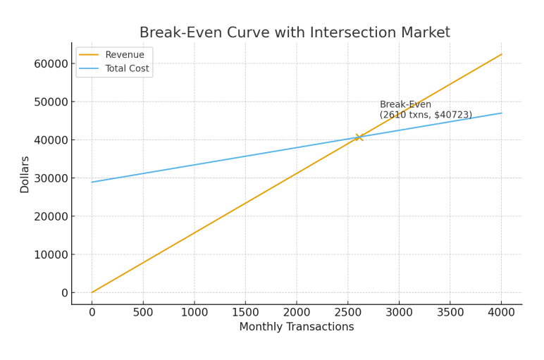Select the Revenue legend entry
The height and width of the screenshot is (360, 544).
tap(124, 55)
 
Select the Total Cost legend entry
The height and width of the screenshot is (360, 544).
tap(127, 69)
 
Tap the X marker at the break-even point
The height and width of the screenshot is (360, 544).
tap(359, 137)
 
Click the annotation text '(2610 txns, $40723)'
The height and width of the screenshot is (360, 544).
tap(426, 115)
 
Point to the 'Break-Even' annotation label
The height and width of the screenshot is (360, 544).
tap(405, 104)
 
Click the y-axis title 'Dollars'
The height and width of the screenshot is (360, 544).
tap(25, 174)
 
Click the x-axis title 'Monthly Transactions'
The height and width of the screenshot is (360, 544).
tap(296, 327)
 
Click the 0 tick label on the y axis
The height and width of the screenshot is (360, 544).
tap(64, 292)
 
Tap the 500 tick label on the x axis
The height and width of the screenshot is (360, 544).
tap(143, 312)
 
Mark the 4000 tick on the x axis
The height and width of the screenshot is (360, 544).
tap(501, 312)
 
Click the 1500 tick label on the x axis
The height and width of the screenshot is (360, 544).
tap(245, 312)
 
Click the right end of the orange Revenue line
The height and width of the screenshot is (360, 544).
tap(501, 54)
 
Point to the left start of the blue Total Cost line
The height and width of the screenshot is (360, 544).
tap(92, 182)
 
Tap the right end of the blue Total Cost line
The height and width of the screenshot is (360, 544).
tap(501, 113)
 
